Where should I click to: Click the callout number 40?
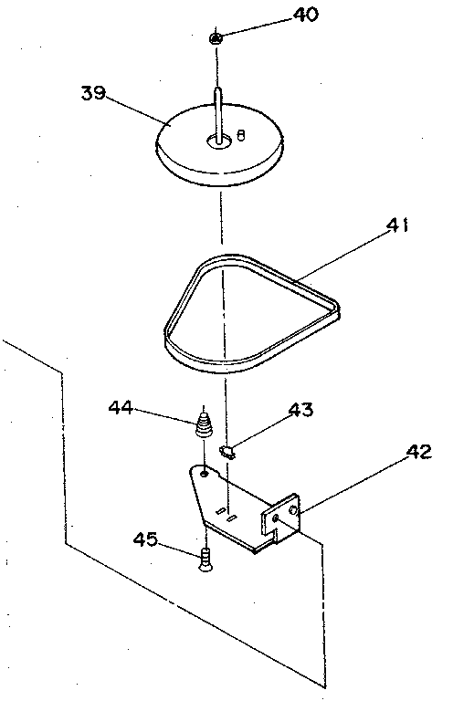[x=305, y=15]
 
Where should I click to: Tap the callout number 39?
[x=93, y=93]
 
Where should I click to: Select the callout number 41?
[x=397, y=225]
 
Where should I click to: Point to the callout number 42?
[x=418, y=452]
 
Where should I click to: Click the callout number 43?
[x=301, y=410]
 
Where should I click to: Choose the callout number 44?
[x=121, y=407]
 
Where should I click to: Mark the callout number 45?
[x=145, y=539]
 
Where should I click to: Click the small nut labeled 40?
[x=216, y=39]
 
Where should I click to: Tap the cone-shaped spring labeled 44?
[x=205, y=425]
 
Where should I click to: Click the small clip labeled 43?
[x=228, y=452]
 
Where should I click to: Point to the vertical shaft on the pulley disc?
[x=217, y=115]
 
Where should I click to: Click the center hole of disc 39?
[x=218, y=141]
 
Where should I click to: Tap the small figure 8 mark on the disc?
[x=240, y=134]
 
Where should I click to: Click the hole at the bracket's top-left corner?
[x=204, y=474]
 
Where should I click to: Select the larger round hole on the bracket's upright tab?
[x=293, y=510]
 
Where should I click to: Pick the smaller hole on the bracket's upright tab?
[x=276, y=518]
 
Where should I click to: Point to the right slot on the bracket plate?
[x=231, y=518]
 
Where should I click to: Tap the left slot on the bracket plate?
[x=220, y=510]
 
